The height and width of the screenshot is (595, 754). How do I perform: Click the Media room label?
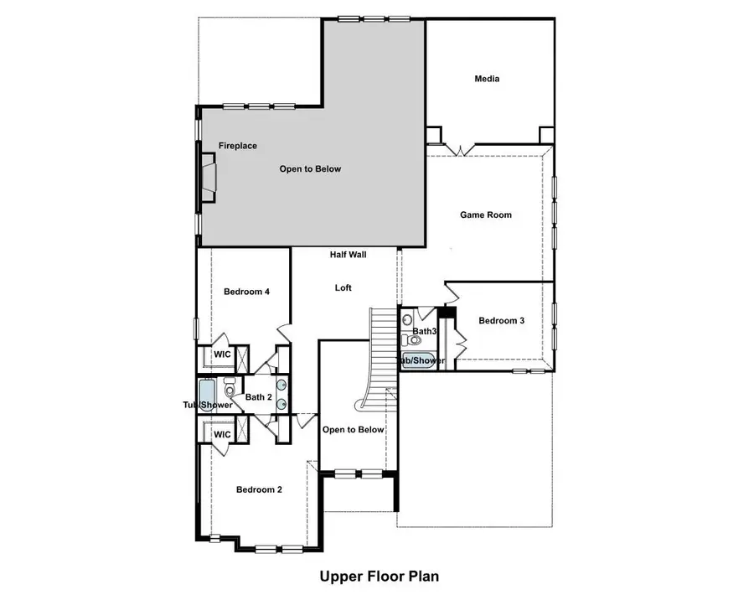(x=487, y=79)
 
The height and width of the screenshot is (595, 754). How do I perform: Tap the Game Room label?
(x=486, y=215)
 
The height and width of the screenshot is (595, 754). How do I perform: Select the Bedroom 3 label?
(x=502, y=320)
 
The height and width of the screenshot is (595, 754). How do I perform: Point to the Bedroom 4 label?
(x=246, y=292)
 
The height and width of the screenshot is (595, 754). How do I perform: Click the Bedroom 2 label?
(x=258, y=490)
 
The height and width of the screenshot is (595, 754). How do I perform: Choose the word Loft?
(x=343, y=287)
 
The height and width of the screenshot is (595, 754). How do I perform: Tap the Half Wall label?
(x=349, y=255)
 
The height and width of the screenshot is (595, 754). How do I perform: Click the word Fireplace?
(x=238, y=146)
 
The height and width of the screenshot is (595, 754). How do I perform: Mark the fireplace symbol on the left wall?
(x=207, y=178)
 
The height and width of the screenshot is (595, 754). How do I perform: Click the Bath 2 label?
(x=258, y=397)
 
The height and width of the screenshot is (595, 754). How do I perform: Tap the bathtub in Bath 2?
(x=207, y=395)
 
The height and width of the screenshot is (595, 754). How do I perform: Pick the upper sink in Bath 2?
(x=281, y=387)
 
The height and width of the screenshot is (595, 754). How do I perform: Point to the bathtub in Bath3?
(x=413, y=361)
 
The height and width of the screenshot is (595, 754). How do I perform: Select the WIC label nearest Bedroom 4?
(x=222, y=354)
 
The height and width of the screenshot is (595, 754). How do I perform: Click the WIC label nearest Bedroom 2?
(x=222, y=434)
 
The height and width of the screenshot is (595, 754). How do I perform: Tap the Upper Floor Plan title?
(x=379, y=577)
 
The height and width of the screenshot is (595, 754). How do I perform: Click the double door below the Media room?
(x=459, y=149)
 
